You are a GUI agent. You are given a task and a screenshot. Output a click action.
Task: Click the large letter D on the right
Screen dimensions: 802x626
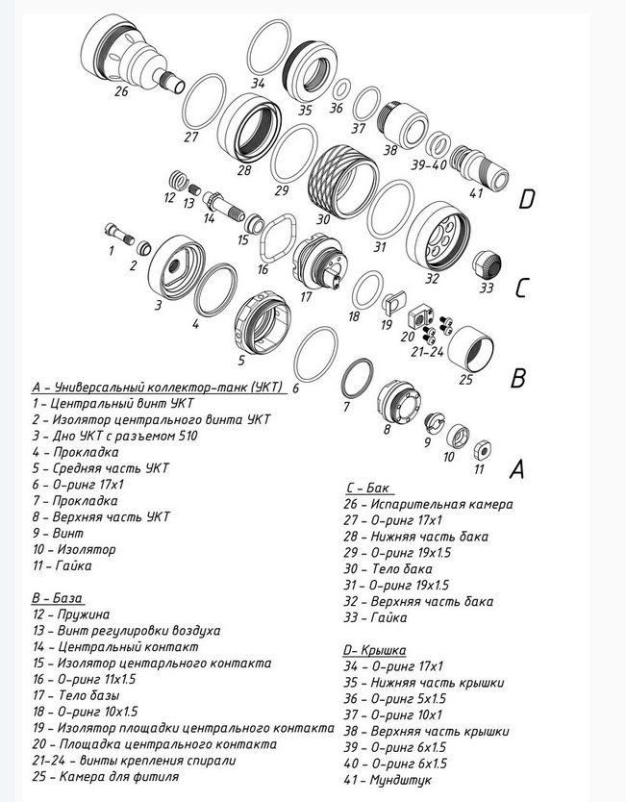(x=526, y=200)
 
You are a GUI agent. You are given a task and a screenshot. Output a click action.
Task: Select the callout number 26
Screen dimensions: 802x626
(x=120, y=92)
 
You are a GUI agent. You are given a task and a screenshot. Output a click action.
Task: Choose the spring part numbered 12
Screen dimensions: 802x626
(x=175, y=179)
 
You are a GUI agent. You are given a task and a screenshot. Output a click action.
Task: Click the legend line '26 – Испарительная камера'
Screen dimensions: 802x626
(x=429, y=504)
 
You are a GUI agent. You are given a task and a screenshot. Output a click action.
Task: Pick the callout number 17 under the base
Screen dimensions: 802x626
(x=306, y=297)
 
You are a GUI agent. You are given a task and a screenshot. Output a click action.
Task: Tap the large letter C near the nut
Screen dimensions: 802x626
(x=521, y=288)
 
